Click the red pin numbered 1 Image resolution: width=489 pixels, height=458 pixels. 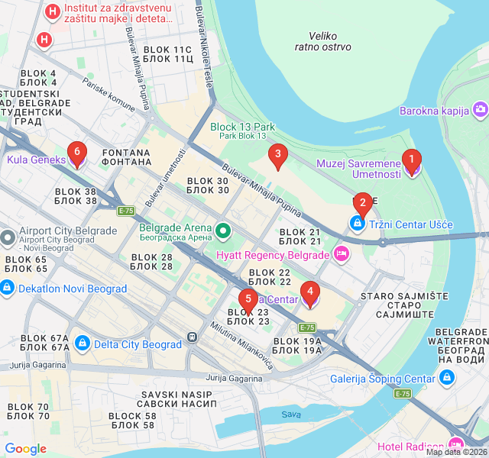pos(412,160)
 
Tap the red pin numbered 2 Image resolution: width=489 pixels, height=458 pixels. pos(362,203)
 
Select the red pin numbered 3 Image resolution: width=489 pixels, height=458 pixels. pos(277,156)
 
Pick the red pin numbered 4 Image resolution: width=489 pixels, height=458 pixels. pos(309,292)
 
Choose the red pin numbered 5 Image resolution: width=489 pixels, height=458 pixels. pos(247,299)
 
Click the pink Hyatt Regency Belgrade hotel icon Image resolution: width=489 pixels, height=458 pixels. pos(341,254)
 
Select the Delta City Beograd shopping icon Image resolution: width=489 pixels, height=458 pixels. pos(83,344)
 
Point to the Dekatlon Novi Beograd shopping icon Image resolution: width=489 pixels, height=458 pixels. pos(7,289)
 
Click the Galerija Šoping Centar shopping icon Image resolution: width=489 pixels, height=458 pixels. pos(447,378)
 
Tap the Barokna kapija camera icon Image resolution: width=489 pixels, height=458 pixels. pos(480,111)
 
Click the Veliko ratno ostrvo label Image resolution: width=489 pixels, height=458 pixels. pos(323,41)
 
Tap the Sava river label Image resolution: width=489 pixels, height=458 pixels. pos(290,414)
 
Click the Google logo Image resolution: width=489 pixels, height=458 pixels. pos(25,449)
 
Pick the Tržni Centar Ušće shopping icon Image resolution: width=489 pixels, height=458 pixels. pos(357,224)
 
